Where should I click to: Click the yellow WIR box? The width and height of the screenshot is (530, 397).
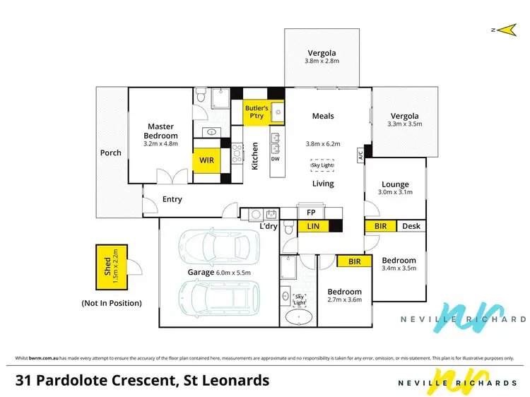(206, 160)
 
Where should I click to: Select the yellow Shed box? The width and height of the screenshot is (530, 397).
(112, 267)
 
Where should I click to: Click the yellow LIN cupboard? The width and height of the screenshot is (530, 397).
(312, 227)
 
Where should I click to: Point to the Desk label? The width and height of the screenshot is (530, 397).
(411, 227)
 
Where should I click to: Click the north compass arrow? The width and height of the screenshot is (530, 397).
(503, 29)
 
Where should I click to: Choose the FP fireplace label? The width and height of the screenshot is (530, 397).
(310, 212)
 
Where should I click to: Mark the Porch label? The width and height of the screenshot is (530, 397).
(110, 153)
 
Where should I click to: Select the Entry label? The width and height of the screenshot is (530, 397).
(172, 199)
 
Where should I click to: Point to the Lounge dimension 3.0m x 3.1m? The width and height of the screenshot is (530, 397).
(395, 191)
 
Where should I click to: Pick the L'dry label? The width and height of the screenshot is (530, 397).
(269, 226)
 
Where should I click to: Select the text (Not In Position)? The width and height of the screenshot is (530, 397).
(112, 303)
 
